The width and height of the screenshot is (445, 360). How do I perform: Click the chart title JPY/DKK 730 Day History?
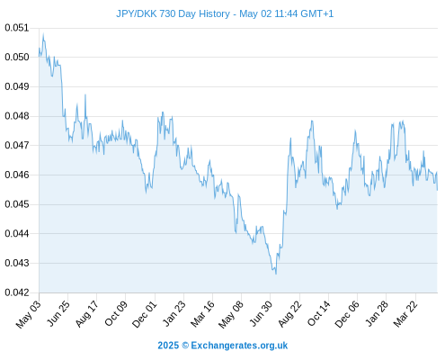173,13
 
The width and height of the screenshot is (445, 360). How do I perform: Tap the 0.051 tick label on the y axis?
17,28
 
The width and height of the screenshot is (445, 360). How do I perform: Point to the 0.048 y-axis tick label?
17,116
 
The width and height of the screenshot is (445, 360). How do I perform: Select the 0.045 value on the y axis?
17,204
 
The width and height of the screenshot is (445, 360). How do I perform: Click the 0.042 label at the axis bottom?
17,292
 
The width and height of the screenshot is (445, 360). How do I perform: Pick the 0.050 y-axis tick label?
17,57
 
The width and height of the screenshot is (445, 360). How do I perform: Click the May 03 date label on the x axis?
29,314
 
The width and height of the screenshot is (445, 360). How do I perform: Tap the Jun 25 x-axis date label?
58,313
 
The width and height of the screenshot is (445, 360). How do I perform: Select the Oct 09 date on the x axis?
116,313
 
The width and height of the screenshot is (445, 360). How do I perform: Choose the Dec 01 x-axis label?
145,314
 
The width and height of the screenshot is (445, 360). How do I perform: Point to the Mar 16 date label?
203,314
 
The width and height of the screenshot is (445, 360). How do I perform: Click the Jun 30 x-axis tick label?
262,313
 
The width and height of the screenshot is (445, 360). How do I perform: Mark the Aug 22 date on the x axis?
289,314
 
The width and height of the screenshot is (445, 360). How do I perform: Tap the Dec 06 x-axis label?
347,314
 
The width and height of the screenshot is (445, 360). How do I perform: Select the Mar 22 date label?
405,314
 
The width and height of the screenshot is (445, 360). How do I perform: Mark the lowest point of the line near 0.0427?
276,274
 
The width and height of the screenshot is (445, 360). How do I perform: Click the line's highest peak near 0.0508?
43,34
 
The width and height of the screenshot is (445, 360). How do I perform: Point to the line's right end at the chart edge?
437,190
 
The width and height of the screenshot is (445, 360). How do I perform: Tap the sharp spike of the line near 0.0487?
85,94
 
